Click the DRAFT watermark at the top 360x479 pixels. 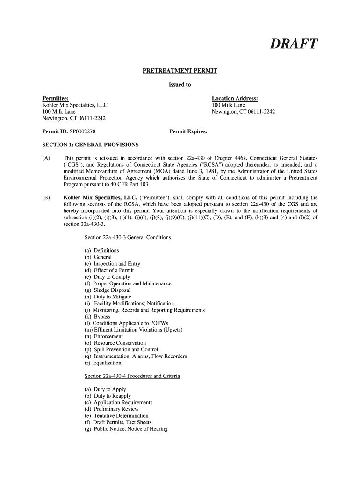294,44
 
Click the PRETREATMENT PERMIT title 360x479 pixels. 180,71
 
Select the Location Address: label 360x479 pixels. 235,99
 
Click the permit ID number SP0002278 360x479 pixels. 85,132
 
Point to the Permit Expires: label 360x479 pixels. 188,132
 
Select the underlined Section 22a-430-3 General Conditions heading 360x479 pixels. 128,238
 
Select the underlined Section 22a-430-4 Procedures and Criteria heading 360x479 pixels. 132,376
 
